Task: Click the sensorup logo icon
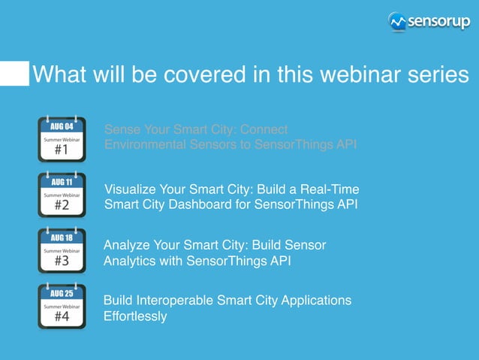(x=398, y=22)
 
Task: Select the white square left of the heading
(x=14, y=74)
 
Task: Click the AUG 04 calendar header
(x=62, y=126)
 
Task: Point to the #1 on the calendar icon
(x=62, y=150)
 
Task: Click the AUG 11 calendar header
(x=62, y=182)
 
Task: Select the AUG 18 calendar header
(x=62, y=237)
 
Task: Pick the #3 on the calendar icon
(x=62, y=262)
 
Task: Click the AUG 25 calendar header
(x=62, y=293)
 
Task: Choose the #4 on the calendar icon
(x=62, y=317)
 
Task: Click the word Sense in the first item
(x=121, y=129)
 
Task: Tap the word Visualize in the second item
(x=128, y=188)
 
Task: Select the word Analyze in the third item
(x=125, y=245)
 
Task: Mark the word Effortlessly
(x=135, y=316)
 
